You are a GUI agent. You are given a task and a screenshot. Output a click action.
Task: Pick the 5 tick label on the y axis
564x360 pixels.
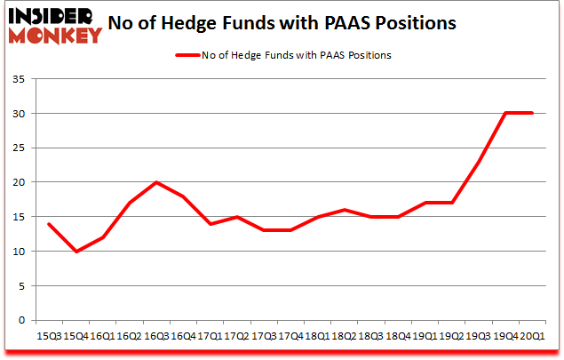coord(21,286)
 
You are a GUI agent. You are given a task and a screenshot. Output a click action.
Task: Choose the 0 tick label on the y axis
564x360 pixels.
coord(21,321)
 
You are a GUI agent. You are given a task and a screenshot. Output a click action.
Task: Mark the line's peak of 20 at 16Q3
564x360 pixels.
coord(156,183)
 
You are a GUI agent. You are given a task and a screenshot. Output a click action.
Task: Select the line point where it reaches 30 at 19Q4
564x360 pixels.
coord(504,114)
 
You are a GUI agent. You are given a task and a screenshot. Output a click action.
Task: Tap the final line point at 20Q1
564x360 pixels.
coord(531,114)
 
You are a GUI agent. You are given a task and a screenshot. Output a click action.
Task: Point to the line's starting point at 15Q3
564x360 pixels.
coord(49,224)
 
